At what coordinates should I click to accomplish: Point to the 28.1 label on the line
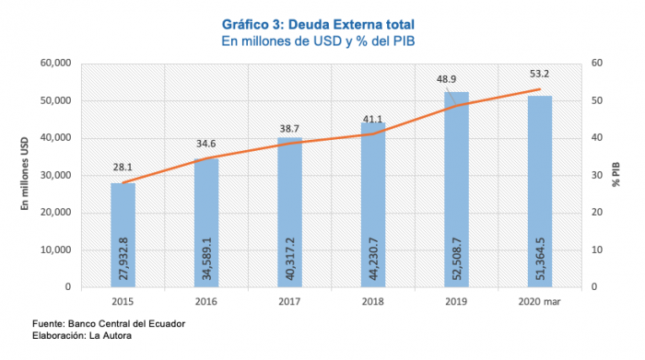click(123, 168)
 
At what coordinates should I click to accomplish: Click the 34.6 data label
click(206, 144)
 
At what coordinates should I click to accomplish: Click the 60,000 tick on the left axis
click(56, 64)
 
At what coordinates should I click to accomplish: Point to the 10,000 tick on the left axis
click(56, 250)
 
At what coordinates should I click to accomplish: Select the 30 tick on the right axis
click(597, 175)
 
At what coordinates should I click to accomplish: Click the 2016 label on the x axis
click(206, 301)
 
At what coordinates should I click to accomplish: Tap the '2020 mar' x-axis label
click(540, 301)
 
